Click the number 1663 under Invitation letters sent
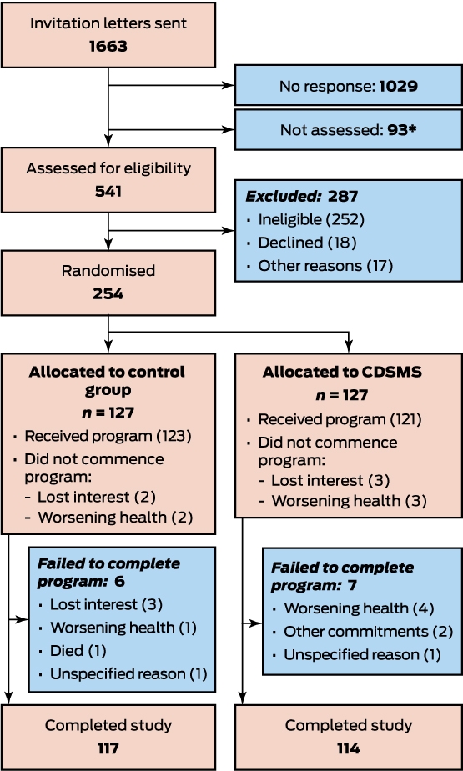[108, 47]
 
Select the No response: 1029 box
[349, 85]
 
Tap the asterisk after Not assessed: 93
[413, 128]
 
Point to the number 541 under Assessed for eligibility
[108, 191]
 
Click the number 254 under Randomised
[108, 294]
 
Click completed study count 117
[108, 748]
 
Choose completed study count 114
[349, 748]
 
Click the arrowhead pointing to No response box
[229, 85]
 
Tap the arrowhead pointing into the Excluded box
[229, 229]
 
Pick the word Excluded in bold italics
[277, 197]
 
